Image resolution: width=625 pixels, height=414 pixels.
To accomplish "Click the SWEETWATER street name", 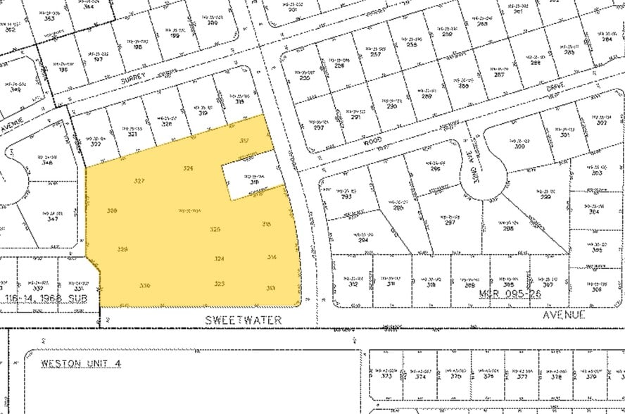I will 244,320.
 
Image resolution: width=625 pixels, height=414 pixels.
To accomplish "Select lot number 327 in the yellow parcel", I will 139,181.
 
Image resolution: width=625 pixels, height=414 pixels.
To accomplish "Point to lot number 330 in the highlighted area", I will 146,285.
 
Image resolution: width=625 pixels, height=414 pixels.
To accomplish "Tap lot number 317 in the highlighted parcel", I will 245,141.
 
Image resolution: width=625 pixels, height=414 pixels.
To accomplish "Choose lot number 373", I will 386,377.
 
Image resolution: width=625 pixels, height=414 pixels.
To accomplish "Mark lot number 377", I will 522,377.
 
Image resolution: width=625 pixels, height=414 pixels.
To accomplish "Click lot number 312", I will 353,284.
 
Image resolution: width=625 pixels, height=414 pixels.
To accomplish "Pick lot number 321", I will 132,134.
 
